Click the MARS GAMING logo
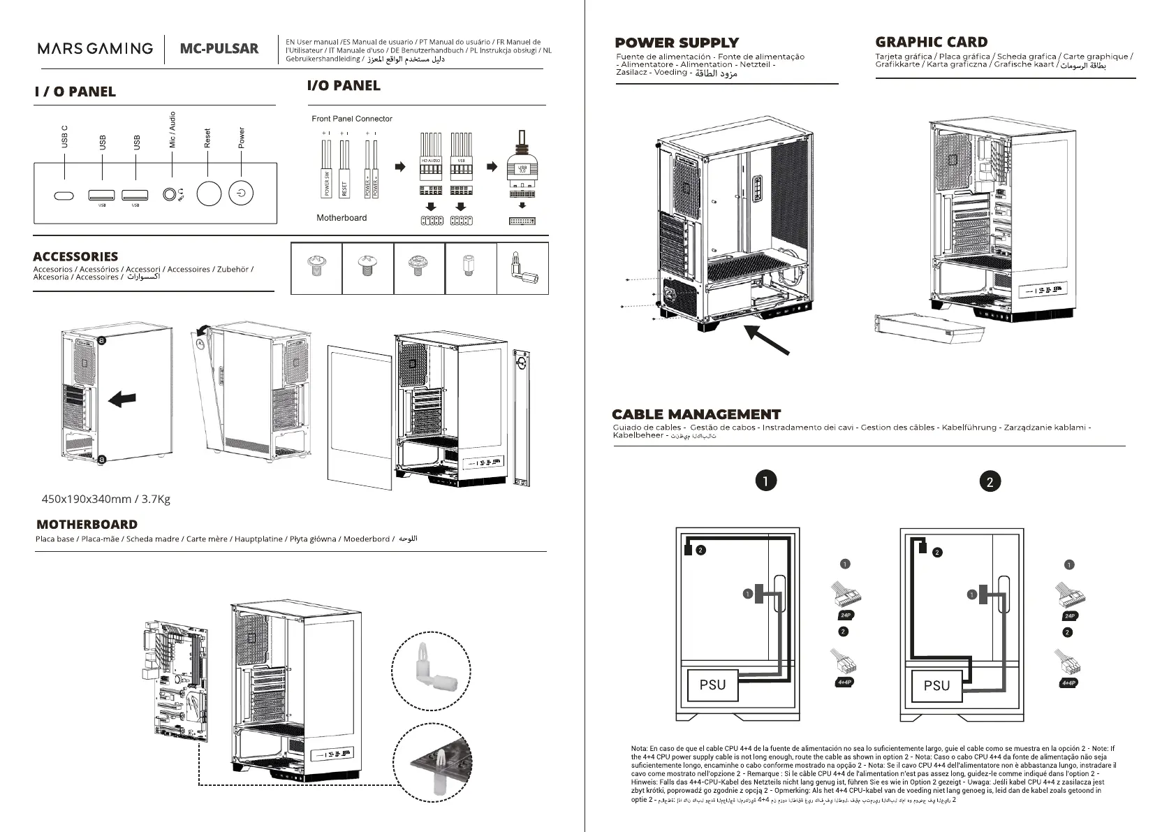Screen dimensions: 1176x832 point(95,48)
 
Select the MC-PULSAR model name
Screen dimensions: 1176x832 point(219,49)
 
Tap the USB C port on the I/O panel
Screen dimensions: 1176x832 point(64,196)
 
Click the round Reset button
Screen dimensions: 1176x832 point(209,194)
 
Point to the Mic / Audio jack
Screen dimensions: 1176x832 point(170,194)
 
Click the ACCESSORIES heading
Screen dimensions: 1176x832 point(75,256)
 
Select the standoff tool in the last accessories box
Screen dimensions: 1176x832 point(522,268)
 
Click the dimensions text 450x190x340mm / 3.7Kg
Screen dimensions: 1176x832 point(106,499)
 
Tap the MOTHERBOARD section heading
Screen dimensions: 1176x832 point(87,525)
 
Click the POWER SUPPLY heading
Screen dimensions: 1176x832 point(676,43)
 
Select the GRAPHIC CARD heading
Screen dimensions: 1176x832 point(931,42)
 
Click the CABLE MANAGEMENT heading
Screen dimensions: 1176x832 point(696,414)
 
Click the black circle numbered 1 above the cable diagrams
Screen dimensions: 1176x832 point(766,481)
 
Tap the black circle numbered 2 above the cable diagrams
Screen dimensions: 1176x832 point(990,481)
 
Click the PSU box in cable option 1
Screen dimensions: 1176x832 point(712,685)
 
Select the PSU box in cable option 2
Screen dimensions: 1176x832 point(936,685)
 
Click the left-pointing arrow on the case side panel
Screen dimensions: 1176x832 point(123,399)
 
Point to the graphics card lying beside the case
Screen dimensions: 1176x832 point(931,328)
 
